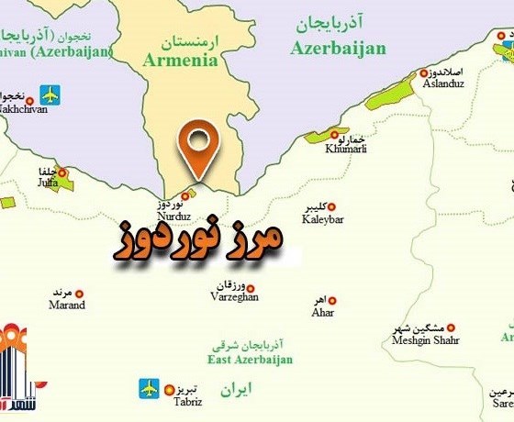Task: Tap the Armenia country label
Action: coord(181,61)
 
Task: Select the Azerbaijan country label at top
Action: coord(338,49)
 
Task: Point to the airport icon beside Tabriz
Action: coord(149,388)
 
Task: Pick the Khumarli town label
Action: coord(344,149)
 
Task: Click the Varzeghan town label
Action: coord(233,296)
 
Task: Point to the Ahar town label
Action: coord(323,312)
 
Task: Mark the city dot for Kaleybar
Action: coord(332,207)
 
